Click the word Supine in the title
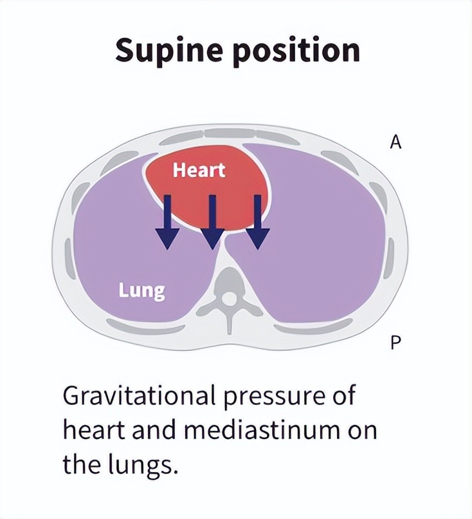coord(168,50)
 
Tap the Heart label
coord(199,170)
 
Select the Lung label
coord(142,290)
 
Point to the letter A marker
coord(396,143)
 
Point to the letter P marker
coord(396,343)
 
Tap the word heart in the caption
coord(91,430)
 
